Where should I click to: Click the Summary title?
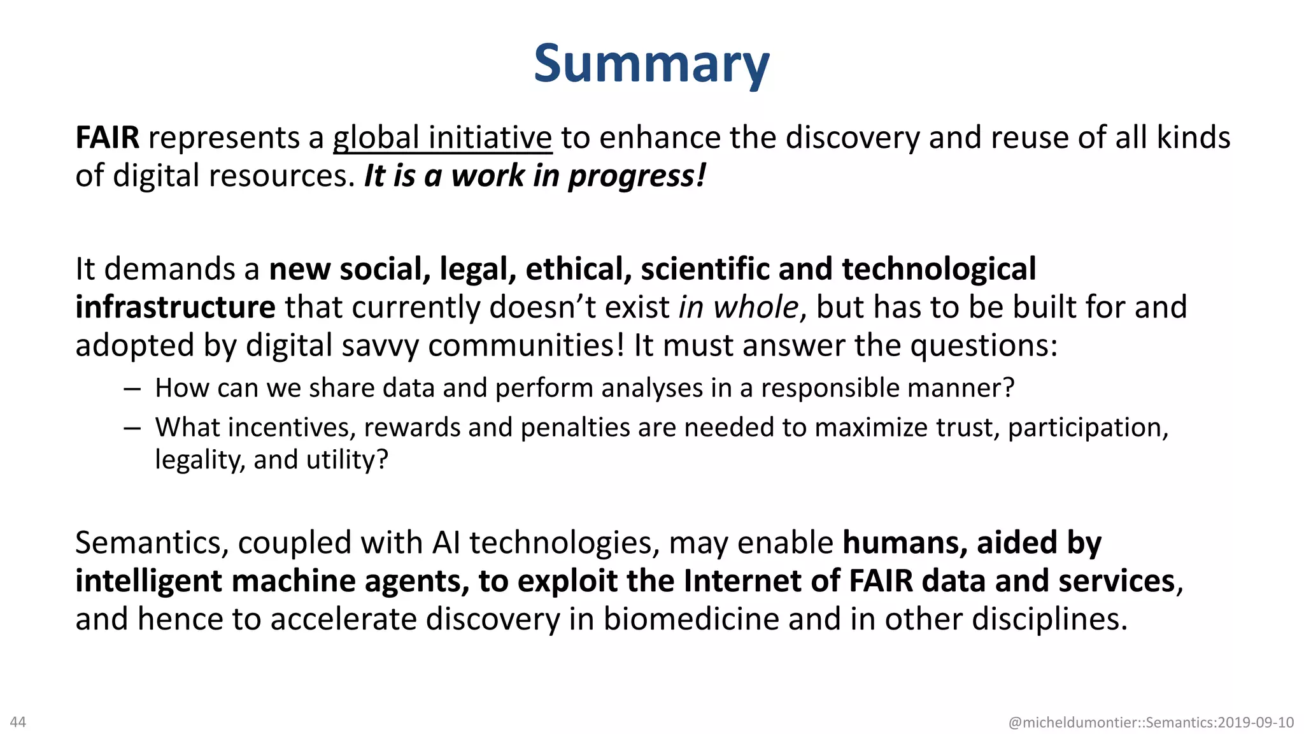[651, 64]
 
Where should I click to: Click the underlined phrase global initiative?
[443, 138]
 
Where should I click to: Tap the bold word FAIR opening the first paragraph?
[107, 138]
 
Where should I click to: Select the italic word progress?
[637, 176]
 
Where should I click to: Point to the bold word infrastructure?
[175, 307]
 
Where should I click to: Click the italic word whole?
[756, 307]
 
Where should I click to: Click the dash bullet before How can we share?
[132, 388]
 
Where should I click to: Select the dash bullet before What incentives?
[132, 428]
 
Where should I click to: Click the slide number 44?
[18, 722]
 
